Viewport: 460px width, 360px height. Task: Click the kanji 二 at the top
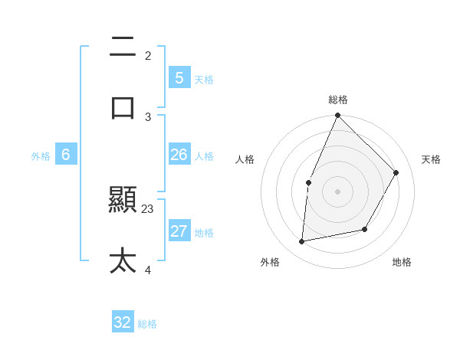123,47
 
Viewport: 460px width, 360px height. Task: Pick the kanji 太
123,260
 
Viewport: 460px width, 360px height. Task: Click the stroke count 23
148,208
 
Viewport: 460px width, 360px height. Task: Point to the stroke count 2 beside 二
148,56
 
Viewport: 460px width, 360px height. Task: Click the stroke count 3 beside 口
148,116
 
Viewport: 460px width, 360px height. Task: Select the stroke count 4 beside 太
148,270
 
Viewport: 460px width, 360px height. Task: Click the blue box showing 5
179,77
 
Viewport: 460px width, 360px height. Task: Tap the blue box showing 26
179,155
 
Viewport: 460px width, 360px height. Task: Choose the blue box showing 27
179,231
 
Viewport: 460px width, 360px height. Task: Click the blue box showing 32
123,322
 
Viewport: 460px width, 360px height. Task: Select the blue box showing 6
66,155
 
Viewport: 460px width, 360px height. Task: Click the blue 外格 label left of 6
41,155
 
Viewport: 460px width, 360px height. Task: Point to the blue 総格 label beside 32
147,323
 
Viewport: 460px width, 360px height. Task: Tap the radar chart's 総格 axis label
337,100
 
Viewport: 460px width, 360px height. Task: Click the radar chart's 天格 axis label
431,159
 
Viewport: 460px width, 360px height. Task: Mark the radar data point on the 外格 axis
302,242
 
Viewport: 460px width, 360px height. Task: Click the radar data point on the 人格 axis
308,182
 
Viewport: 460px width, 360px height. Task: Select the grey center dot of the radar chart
337,191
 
